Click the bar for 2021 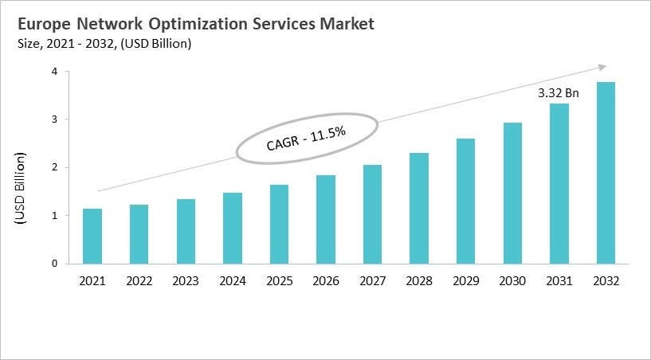point(93,236)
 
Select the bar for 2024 point(233,228)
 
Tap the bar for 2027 point(372,213)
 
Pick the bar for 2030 point(512,193)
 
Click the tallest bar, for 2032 point(606,172)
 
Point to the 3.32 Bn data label point(558,93)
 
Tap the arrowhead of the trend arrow point(602,67)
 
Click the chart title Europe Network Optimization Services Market point(195,24)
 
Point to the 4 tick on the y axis point(54,72)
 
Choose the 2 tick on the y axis point(54,167)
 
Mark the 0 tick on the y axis point(54,264)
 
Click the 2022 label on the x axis point(139,281)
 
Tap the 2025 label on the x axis point(279,281)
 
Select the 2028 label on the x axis point(418,281)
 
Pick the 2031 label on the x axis point(559,281)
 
